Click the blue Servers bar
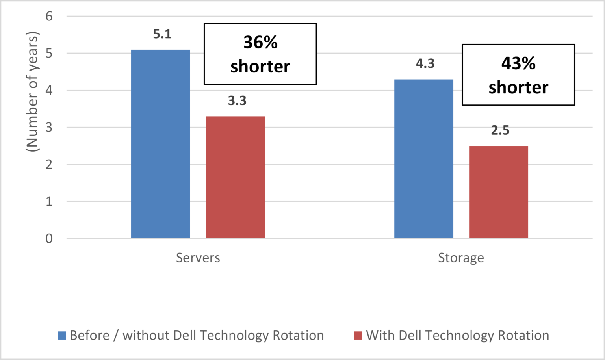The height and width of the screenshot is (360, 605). click(160, 144)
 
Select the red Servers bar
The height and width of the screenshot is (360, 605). click(236, 177)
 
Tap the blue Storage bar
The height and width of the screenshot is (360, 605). click(423, 159)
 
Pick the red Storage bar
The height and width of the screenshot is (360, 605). click(498, 192)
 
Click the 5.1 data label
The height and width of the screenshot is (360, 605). click(162, 34)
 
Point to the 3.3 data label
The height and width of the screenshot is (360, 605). click(237, 101)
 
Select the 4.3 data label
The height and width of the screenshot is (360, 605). click(425, 63)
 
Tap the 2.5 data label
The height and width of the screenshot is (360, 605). click(500, 130)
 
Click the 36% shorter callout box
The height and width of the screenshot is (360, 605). click(260, 54)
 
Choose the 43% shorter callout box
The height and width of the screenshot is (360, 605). click(518, 75)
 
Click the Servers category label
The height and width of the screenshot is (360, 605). click(198, 258)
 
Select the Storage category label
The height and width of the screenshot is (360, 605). click(461, 258)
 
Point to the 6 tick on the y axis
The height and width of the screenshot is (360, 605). click(49, 17)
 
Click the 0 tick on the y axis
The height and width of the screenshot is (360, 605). click(49, 239)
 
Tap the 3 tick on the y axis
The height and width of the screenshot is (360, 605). click(49, 128)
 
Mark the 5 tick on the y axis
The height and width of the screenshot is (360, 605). click(49, 54)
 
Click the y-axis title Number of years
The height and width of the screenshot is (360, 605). click(32, 91)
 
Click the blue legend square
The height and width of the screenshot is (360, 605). click(62, 336)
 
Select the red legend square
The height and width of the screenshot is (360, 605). click(358, 336)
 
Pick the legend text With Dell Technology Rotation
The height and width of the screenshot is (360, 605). click(457, 336)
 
